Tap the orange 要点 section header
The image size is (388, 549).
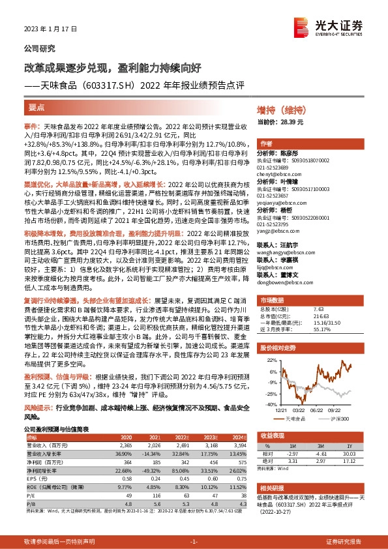tap(37, 106)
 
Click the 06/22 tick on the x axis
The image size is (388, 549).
tap(316, 410)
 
